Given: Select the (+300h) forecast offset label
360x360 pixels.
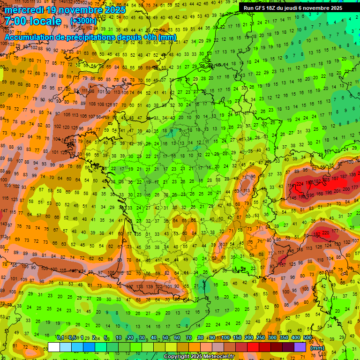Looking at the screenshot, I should pos(83,21).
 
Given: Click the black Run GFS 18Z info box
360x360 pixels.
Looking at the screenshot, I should pos(293,8).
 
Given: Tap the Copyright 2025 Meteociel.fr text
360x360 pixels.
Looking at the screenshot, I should pos(199,357).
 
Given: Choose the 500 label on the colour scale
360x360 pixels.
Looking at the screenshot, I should pos(307,338).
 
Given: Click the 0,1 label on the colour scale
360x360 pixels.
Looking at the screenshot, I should pos(60,338).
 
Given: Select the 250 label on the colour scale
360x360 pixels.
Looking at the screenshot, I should pos(260,338).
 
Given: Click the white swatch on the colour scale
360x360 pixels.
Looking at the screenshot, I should pos(54,347).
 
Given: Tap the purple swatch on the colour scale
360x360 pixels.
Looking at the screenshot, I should pos(300,347).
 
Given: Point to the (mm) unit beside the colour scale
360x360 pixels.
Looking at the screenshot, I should pos(317,348).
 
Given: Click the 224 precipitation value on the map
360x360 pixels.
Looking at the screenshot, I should pos(300,184).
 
